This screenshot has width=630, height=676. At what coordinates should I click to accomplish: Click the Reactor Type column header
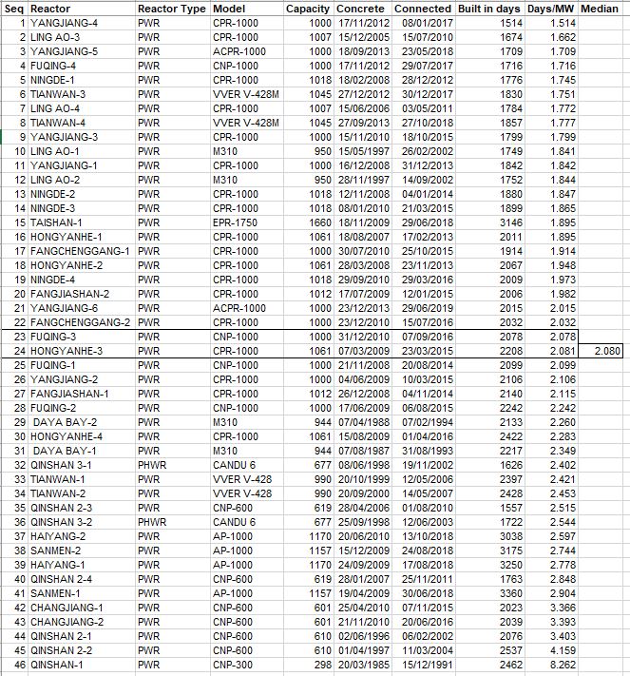coord(171,9)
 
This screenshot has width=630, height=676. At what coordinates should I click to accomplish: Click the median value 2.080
coord(605,352)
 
